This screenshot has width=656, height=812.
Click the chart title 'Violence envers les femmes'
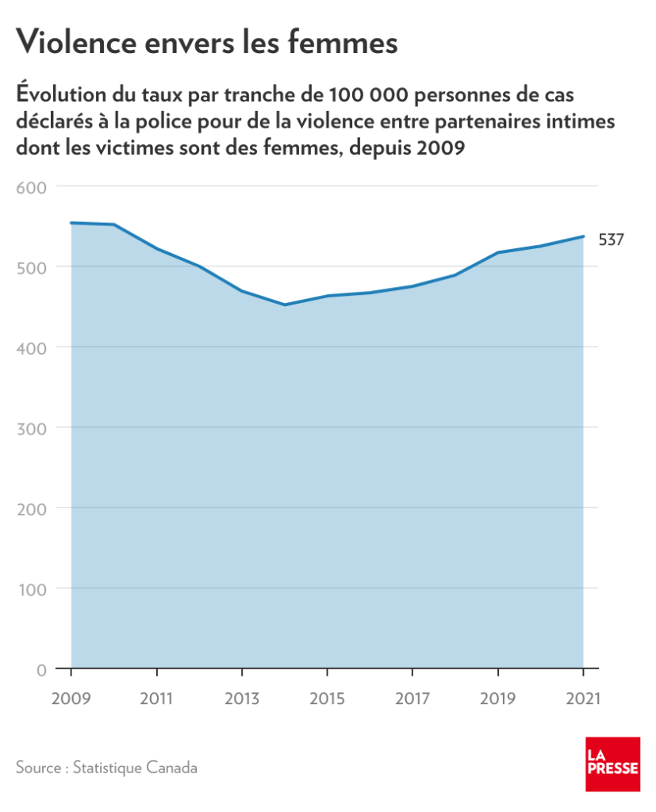click(x=206, y=43)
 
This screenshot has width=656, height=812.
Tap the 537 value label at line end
click(x=611, y=239)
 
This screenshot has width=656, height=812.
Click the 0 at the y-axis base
click(x=41, y=669)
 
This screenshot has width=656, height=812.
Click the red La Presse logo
click(x=612, y=764)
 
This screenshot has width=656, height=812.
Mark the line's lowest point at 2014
click(x=285, y=304)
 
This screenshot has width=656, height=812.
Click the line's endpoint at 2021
click(x=583, y=236)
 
